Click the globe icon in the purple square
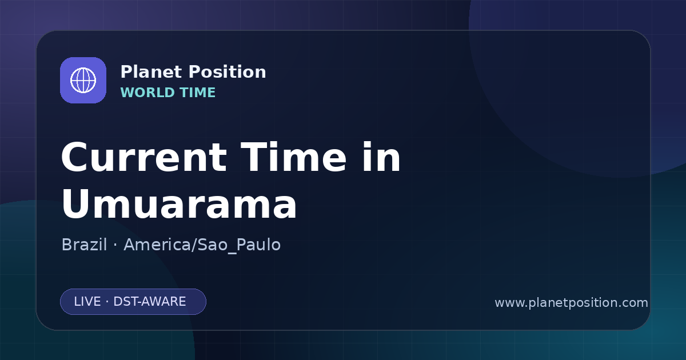83,80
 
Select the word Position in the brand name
228,72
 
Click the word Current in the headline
144,157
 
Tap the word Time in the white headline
293,157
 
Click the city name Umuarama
179,204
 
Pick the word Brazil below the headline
84,245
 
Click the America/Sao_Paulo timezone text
202,245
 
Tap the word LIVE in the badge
87,302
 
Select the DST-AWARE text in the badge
149,302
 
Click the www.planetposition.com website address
572,303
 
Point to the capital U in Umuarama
75,204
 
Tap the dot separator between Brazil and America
115,245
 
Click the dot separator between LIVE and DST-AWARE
107,302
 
